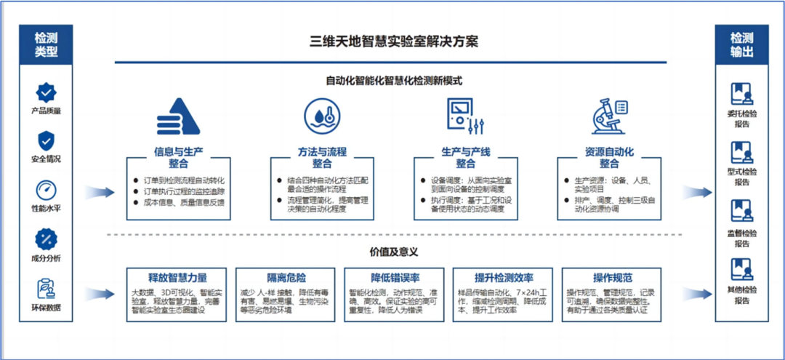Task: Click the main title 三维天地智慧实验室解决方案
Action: coord(394,41)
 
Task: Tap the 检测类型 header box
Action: coord(45,44)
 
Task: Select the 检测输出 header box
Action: coord(741,44)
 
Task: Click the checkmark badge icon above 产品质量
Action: coord(46,92)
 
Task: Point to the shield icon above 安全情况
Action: coord(46,140)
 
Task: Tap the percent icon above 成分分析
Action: coord(46,239)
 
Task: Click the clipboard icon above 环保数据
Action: coord(46,287)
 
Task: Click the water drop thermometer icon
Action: coord(322,117)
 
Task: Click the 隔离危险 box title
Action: coord(286,278)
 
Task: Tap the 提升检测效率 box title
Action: coord(504,278)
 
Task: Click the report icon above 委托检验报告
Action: coord(741,94)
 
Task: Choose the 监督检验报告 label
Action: coord(741,239)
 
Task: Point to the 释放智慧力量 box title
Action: coord(177,278)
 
